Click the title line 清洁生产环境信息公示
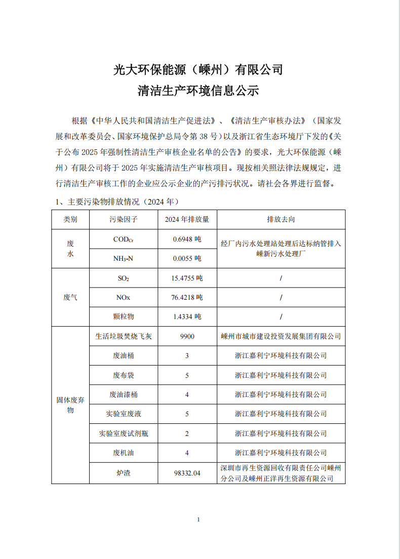[198, 91]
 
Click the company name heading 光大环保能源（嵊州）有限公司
[198, 69]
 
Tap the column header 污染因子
[124, 219]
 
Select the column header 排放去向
[281, 219]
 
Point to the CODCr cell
[124, 239]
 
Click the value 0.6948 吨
[187, 239]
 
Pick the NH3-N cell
[124, 258]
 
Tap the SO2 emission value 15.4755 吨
[187, 278]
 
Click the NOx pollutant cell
[124, 297]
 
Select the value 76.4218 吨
[187, 297]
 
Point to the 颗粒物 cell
[124, 316]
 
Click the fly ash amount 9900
[187, 336]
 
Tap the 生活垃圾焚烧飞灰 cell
[124, 336]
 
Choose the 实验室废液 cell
[124, 414]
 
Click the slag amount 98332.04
[187, 473]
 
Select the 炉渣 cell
[124, 473]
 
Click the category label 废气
[70, 297]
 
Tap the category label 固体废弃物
[70, 405]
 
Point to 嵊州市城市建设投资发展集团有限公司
[281, 336]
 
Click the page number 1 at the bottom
[198, 520]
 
